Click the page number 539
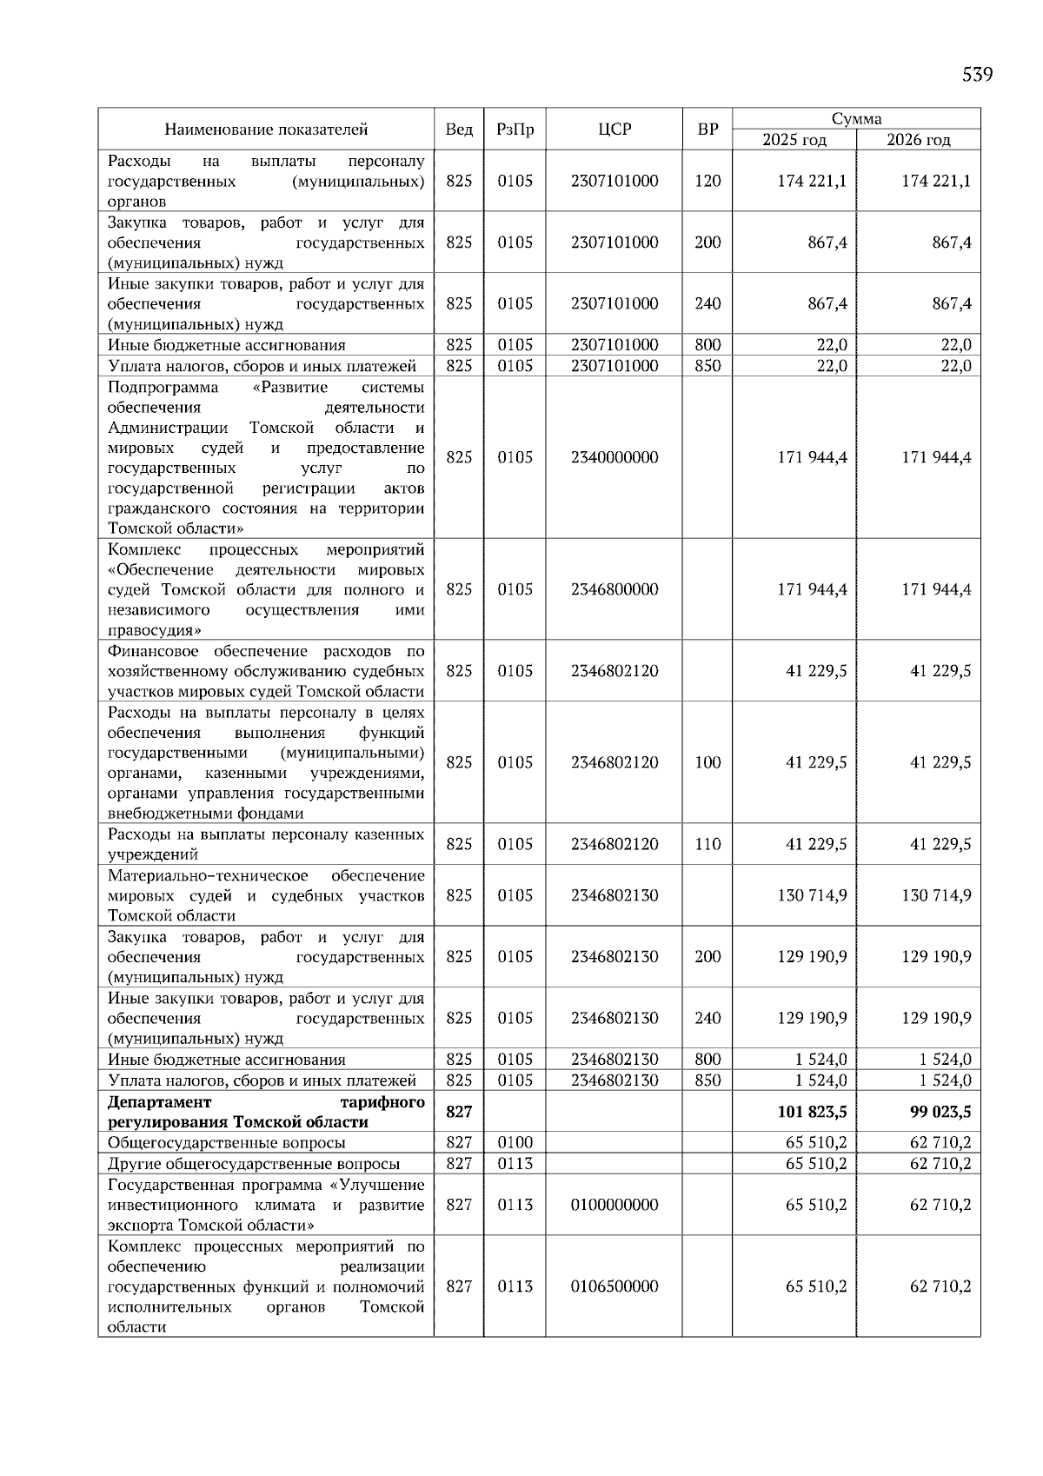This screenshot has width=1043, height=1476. coord(977,75)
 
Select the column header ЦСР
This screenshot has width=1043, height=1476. coord(615,130)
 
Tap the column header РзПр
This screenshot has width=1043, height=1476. coord(515,130)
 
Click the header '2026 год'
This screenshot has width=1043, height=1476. coord(918,140)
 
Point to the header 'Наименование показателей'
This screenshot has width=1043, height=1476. coord(266,130)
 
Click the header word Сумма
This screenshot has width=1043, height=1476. coord(856,119)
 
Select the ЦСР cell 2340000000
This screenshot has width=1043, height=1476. coord(615,457)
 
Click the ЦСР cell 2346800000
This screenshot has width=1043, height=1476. coord(615,589)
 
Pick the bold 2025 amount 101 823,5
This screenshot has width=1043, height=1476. coord(811,1112)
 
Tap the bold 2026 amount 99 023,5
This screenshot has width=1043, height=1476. coord(935,1112)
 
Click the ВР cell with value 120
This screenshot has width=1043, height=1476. coord(708,181)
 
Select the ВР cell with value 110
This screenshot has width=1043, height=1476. coord(708,844)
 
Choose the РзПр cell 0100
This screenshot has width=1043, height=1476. coord(515,1142)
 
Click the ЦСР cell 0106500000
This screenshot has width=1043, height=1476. coord(615,1287)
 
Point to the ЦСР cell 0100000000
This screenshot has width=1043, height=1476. coord(615,1205)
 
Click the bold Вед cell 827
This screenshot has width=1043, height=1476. coord(459,1112)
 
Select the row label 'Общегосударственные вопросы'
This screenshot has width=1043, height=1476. coord(226,1143)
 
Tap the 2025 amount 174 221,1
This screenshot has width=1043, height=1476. coord(811,181)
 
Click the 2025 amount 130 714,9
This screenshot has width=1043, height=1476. coord(811,895)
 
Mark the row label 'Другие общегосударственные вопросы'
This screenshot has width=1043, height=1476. coord(254,1164)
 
